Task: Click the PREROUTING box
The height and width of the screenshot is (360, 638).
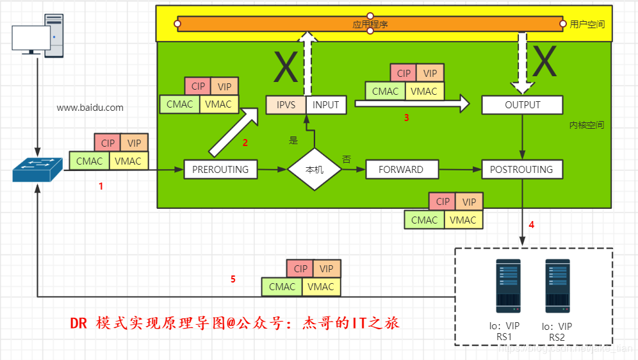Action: [220, 170]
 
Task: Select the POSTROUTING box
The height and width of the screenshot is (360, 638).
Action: [521, 170]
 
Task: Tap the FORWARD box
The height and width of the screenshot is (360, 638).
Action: [401, 170]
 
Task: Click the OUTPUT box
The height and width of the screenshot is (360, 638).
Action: [522, 105]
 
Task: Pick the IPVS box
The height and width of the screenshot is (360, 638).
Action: [286, 105]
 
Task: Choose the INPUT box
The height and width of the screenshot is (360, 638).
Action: [326, 105]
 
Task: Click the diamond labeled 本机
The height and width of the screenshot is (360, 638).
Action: [314, 170]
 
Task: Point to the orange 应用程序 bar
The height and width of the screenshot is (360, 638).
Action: [370, 24]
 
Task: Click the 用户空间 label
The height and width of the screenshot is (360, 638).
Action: [587, 24]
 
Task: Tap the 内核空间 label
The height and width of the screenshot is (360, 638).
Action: [586, 126]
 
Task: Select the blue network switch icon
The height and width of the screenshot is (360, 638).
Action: [38, 169]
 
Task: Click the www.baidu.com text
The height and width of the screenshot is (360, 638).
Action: [90, 108]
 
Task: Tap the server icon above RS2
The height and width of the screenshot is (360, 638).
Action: [557, 286]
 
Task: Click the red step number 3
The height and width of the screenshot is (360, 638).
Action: [406, 118]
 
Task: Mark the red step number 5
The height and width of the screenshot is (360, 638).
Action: [233, 279]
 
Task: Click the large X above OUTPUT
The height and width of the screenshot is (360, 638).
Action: [544, 62]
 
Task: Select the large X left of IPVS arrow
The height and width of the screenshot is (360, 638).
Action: [286, 67]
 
